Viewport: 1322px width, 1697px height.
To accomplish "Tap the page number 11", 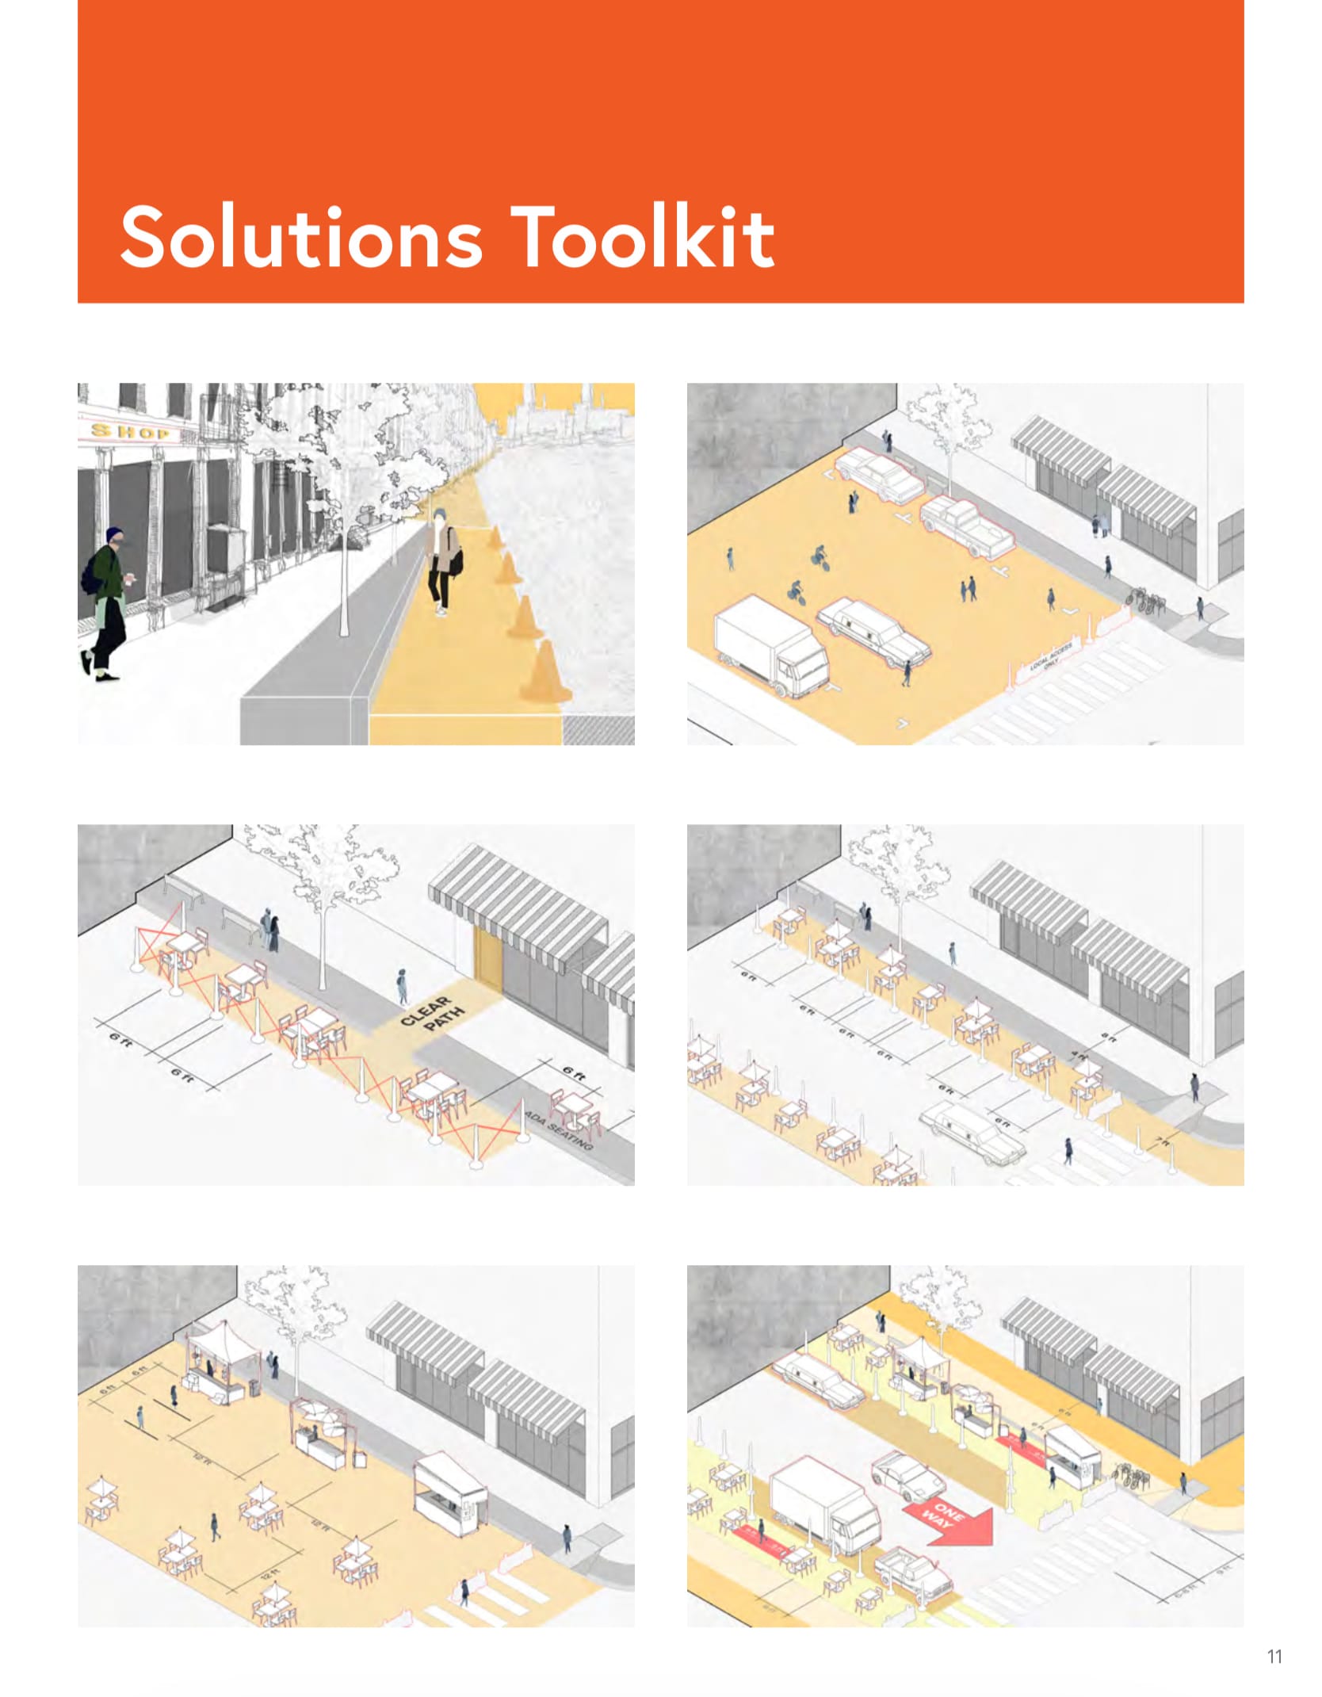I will (x=1274, y=1657).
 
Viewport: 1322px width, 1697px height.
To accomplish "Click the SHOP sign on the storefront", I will (x=130, y=432).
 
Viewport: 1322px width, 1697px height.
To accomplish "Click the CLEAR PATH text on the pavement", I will (x=432, y=1015).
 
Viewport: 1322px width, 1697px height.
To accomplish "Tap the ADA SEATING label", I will (x=559, y=1129).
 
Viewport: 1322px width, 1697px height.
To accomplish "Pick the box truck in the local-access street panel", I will (x=769, y=646).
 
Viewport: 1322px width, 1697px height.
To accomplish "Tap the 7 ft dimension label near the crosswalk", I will (x=1162, y=1142).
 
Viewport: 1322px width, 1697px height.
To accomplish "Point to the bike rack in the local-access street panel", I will (x=1145, y=600).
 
